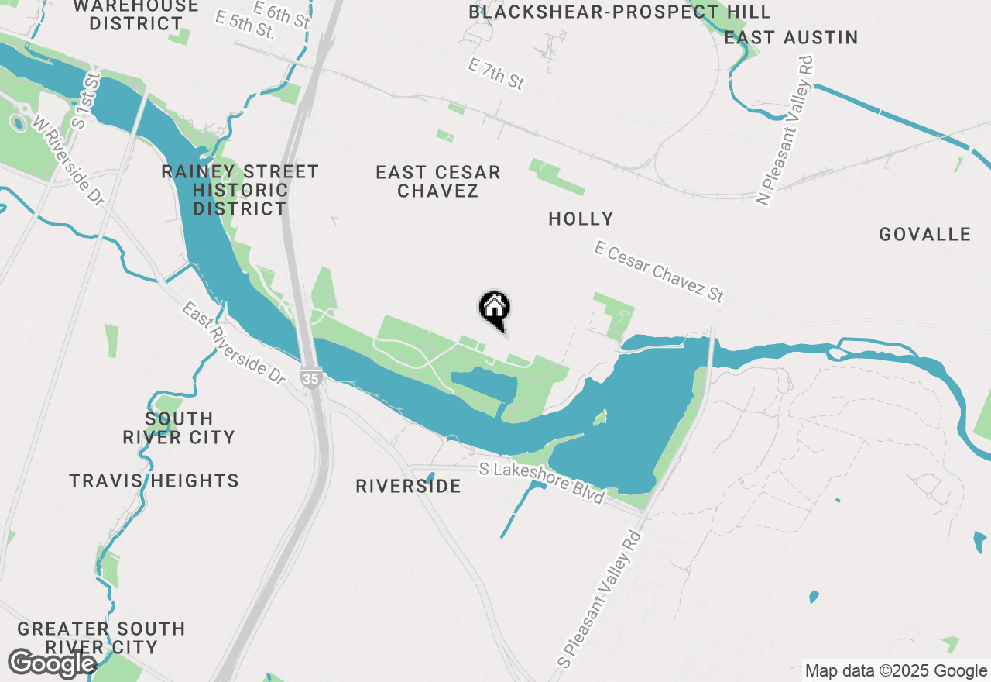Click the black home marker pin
[x=494, y=308]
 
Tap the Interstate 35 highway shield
[x=310, y=378]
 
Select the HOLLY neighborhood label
[x=581, y=219]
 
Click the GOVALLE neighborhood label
[x=924, y=234]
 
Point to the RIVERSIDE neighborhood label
[x=408, y=486]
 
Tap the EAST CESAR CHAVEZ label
[x=438, y=181]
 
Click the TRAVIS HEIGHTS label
[x=154, y=480]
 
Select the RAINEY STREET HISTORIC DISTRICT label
[x=240, y=190]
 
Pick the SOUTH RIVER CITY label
[x=179, y=428]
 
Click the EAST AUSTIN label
[x=791, y=37]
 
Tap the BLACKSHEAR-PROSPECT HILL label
[x=619, y=12]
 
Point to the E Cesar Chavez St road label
[x=659, y=271]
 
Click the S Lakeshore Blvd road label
[x=541, y=483]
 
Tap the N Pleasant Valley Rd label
[x=787, y=130]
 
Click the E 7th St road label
[x=495, y=74]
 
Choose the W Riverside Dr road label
[x=67, y=161]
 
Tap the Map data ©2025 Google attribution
[x=896, y=671]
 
